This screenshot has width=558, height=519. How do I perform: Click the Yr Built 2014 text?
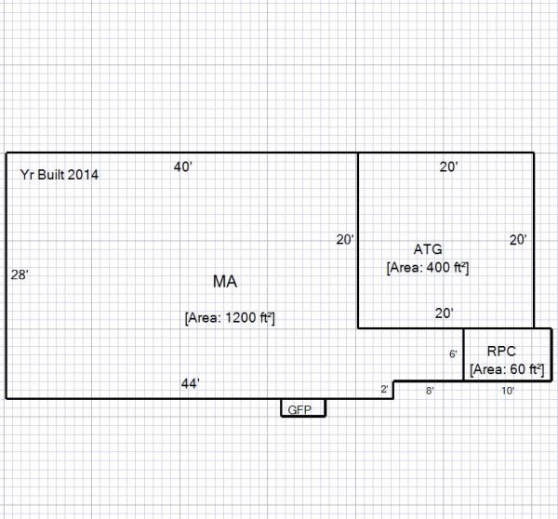click(x=60, y=175)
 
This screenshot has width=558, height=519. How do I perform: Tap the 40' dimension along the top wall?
click(x=183, y=167)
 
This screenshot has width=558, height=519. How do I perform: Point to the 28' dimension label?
click(x=19, y=275)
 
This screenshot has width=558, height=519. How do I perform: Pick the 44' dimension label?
click(x=191, y=383)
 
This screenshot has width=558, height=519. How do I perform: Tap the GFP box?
click(x=303, y=408)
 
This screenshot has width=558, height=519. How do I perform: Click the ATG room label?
click(x=428, y=249)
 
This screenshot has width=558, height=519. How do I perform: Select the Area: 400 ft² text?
click(x=427, y=268)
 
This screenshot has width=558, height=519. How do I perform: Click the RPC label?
click(x=506, y=351)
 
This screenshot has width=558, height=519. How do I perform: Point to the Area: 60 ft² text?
click(x=507, y=369)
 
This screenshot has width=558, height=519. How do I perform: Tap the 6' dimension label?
click(x=453, y=354)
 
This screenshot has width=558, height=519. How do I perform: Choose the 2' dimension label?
click(x=385, y=389)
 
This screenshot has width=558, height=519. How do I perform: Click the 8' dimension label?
click(x=430, y=392)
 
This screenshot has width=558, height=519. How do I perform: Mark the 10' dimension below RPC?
click(x=508, y=392)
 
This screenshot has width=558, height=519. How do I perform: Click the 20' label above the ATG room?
click(x=448, y=167)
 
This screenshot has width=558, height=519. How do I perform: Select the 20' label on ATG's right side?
click(x=518, y=240)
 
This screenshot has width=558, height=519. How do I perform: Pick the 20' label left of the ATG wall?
click(x=345, y=240)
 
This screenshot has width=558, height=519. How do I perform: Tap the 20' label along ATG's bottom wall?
click(x=444, y=313)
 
